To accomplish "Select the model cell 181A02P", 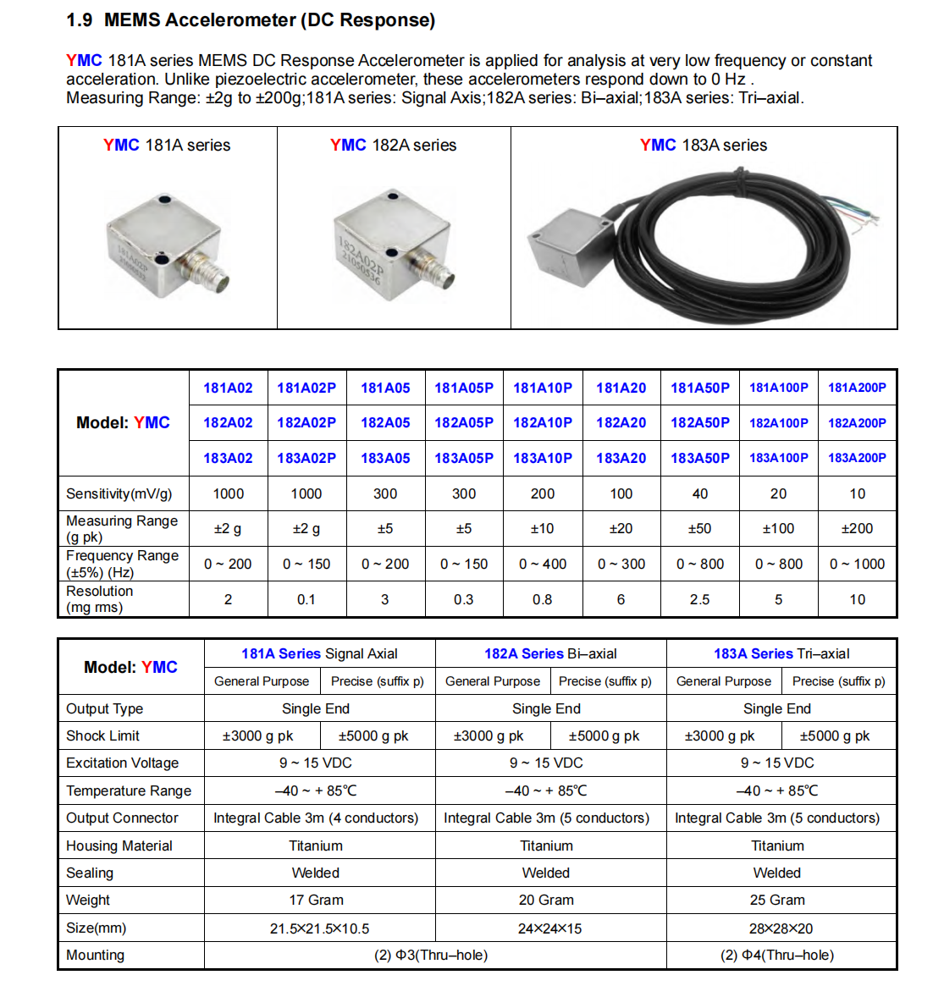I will click(x=306, y=388).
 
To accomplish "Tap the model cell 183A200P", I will click(x=857, y=458).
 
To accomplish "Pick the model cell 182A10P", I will click(x=542, y=422).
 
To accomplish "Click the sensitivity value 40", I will click(x=699, y=493).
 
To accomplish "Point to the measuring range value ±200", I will click(x=857, y=528).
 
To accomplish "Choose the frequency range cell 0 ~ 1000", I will click(x=857, y=564).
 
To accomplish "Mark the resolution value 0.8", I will click(x=542, y=599).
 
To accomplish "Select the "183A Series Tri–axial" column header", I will click(x=781, y=653).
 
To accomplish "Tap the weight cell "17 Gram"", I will click(x=316, y=900).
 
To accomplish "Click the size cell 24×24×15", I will click(x=549, y=928).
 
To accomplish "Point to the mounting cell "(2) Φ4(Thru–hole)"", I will click(x=776, y=955).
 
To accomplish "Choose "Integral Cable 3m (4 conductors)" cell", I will click(x=316, y=818).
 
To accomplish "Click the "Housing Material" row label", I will click(x=119, y=846).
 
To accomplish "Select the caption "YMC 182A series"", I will click(x=393, y=146).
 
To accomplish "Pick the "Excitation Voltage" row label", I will click(x=122, y=763).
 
